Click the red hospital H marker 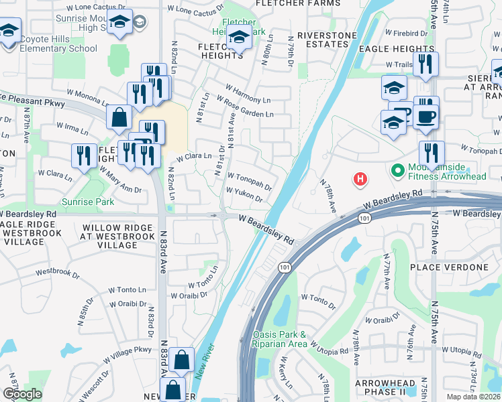click(x=361, y=179)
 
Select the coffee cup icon click(x=425, y=117)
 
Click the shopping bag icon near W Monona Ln click(x=119, y=117)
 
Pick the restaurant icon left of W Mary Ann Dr click(x=84, y=156)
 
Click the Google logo click(x=22, y=395)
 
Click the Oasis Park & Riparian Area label click(x=280, y=338)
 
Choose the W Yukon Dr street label click(x=243, y=194)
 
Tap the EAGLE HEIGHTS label click(x=397, y=49)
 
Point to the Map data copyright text click(x=474, y=397)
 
